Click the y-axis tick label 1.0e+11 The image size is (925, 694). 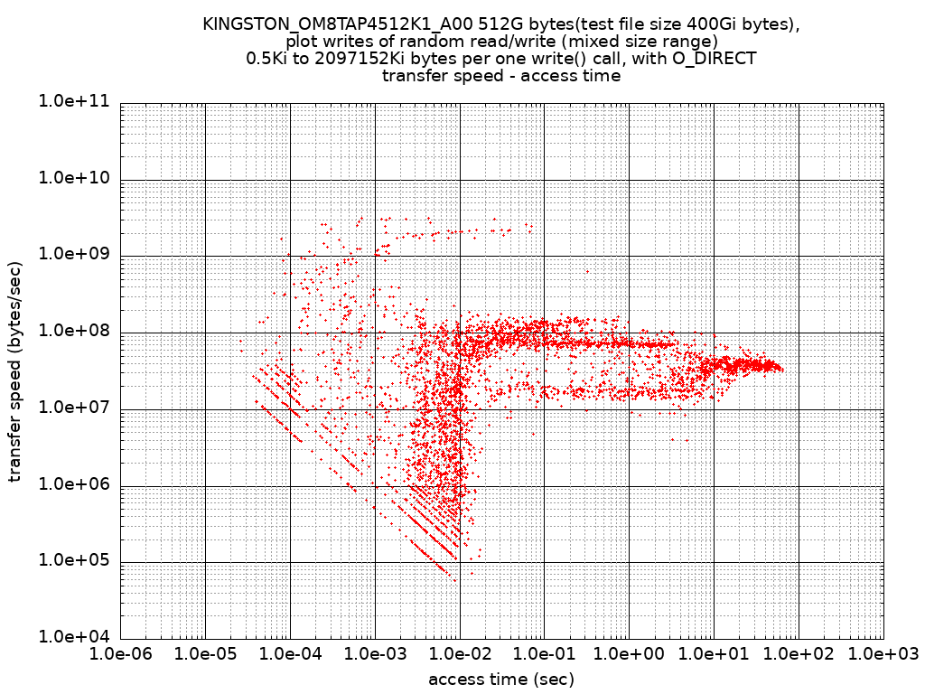tap(72, 102)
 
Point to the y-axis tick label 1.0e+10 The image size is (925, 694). tap(72, 179)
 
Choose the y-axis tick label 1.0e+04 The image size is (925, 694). tap(72, 637)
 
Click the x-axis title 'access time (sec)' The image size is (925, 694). tap(501, 679)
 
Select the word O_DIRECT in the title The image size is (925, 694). tap(713, 59)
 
